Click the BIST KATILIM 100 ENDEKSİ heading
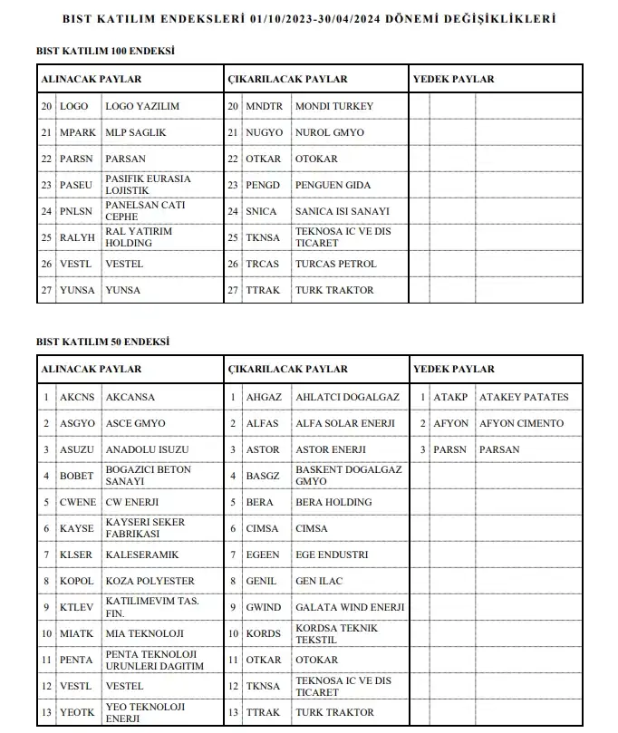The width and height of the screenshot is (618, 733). tap(106, 51)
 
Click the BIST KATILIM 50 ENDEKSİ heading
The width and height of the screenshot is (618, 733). tap(103, 342)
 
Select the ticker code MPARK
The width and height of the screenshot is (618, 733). tap(77, 132)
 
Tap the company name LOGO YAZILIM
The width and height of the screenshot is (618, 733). tap(142, 106)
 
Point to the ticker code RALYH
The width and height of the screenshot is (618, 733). tap(77, 237)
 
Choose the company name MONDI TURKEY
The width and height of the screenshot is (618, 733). tap(334, 106)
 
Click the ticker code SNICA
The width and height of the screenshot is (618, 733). tap(262, 211)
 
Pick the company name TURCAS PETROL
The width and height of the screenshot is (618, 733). tap(336, 264)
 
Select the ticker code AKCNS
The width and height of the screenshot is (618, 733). tap(77, 397)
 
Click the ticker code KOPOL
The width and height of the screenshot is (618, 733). tap(77, 581)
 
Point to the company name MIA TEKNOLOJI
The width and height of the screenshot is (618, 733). tap(145, 633)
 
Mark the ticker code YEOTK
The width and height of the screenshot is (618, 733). tap(77, 712)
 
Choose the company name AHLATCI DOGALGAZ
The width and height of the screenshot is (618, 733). tap(347, 397)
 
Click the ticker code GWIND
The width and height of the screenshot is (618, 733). tap(264, 607)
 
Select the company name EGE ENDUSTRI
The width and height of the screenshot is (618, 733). tap(332, 555)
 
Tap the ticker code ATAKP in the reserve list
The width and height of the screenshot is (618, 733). tap(450, 397)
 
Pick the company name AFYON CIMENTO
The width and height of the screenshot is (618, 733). tap(521, 423)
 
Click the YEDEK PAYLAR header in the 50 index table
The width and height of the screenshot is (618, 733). tap(454, 369)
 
